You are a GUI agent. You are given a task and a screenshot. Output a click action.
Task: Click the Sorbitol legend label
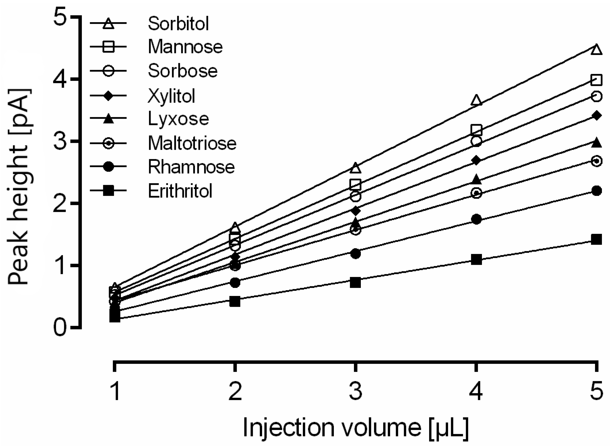tap(178, 24)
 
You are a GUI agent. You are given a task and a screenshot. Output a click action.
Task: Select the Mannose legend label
tap(185, 47)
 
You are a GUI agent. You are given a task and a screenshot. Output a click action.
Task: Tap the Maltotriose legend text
tap(192, 143)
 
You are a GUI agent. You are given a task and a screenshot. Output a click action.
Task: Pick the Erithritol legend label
tap(180, 191)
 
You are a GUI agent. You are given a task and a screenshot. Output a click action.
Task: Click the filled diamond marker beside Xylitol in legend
tap(108, 95)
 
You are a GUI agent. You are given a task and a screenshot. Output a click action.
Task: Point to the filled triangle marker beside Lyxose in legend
tap(108, 118)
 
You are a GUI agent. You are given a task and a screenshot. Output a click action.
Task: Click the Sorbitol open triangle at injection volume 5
tap(596, 50)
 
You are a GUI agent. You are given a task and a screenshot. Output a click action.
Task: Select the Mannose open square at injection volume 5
tap(596, 80)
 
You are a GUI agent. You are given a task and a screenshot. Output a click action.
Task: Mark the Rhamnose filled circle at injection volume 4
tap(476, 219)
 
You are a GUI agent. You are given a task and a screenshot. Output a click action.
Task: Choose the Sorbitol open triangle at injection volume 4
tap(476, 100)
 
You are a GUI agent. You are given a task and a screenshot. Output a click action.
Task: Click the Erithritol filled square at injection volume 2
tap(235, 302)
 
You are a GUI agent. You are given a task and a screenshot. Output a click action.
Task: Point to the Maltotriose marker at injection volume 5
tap(596, 161)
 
